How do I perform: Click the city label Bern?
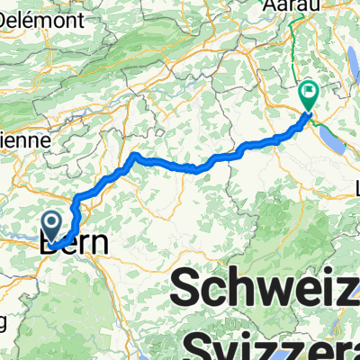tap(74, 244)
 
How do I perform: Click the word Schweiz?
tap(265, 290)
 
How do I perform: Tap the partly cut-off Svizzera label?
tap(274, 345)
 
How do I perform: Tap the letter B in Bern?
tap(49, 244)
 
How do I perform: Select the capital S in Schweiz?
tap(185, 290)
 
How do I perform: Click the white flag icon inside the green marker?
tap(310, 91)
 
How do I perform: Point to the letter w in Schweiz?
tap(254, 290)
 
